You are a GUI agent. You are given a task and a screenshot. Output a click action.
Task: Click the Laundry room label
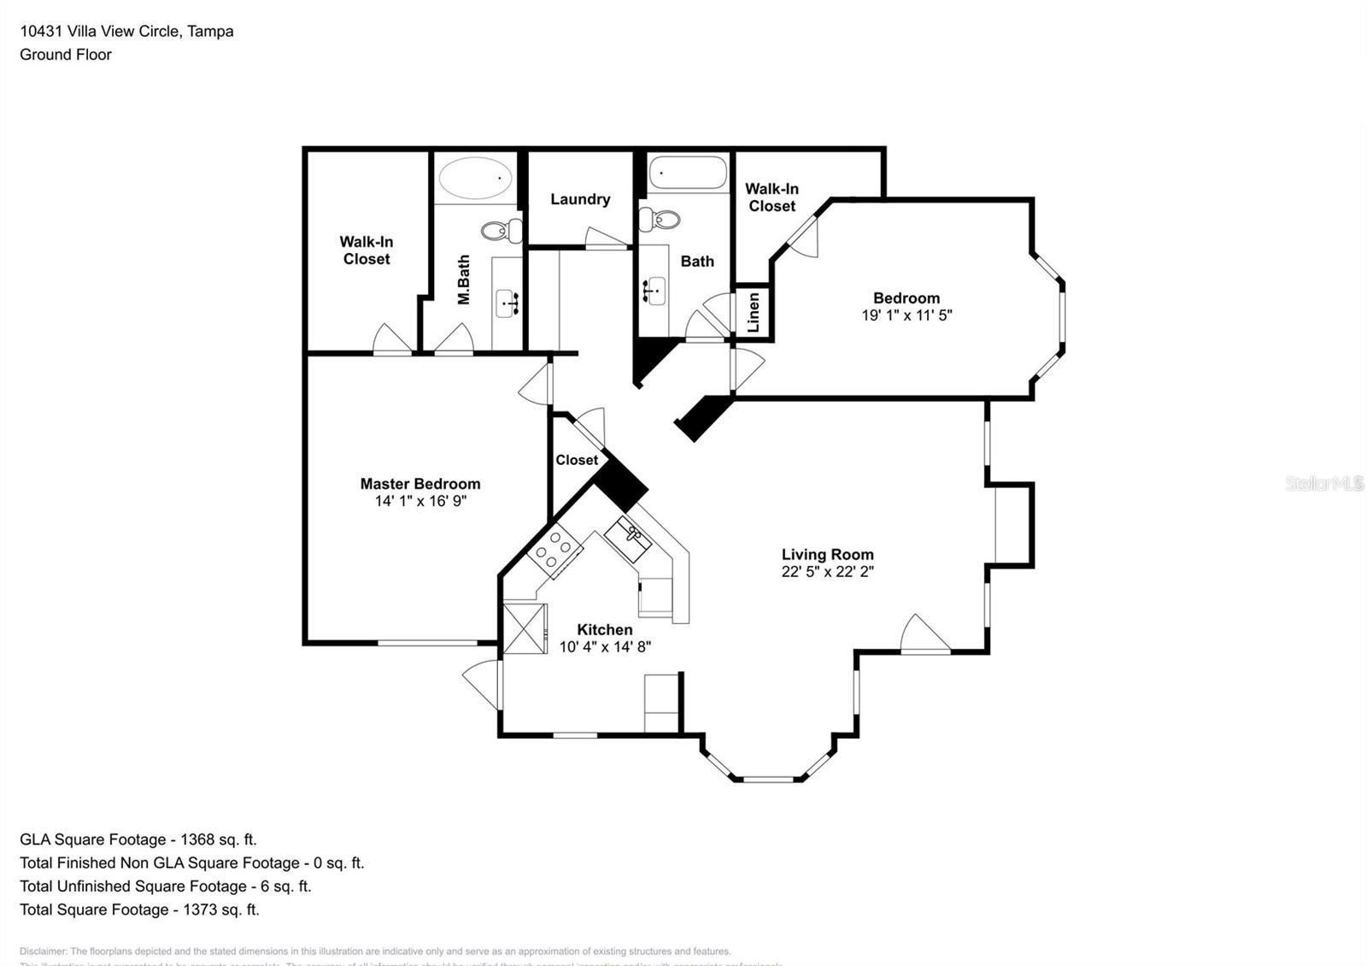580,199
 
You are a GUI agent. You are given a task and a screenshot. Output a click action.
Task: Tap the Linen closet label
754,312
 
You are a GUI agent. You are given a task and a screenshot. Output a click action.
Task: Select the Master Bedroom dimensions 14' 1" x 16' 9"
419,501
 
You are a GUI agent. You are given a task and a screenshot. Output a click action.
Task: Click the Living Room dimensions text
827,572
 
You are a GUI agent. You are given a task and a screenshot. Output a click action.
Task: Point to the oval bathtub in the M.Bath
475,179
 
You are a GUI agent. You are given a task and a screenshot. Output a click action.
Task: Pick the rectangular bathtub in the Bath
688,174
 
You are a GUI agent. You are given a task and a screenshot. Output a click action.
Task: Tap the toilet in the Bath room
660,220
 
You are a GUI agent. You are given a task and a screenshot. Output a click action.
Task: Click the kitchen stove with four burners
553,550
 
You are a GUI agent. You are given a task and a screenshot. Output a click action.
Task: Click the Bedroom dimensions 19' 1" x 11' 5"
906,315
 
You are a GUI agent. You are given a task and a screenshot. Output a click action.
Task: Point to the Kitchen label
604,630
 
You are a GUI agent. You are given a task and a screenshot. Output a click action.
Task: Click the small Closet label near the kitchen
577,460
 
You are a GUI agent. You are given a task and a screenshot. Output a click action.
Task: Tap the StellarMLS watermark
1324,484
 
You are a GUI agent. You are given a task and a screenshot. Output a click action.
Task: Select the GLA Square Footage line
138,839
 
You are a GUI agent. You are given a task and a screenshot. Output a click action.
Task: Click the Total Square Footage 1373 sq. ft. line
139,910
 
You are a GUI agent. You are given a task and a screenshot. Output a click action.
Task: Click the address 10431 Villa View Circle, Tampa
126,32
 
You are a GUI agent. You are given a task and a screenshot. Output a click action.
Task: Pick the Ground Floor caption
66,55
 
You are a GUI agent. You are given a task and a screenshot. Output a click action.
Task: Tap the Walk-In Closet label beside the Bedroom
772,197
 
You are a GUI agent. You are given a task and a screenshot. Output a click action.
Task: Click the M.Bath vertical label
464,280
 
